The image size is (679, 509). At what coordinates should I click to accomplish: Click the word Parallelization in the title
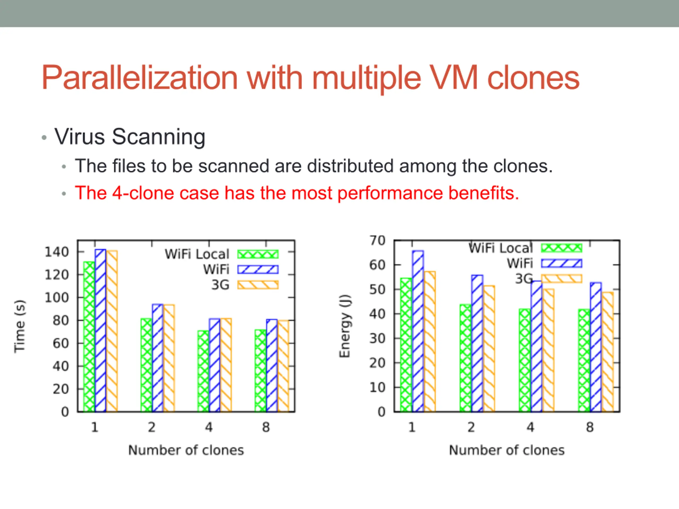pyautogui.click(x=140, y=78)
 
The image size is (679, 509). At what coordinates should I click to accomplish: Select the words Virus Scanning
pyautogui.click(x=130, y=137)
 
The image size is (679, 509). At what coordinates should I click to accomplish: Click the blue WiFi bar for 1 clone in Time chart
pyautogui.click(x=100, y=330)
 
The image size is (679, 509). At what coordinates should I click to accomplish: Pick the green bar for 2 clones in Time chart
pyautogui.click(x=146, y=365)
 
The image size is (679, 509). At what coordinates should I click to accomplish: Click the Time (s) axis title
pyautogui.click(x=20, y=326)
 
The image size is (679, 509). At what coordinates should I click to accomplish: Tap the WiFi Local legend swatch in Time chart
pyautogui.click(x=258, y=254)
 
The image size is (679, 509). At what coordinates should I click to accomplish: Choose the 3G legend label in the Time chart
pyautogui.click(x=220, y=285)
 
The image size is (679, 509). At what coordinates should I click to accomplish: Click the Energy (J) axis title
pyautogui.click(x=345, y=326)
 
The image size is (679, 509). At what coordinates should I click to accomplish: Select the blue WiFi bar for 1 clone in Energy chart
pyautogui.click(x=418, y=331)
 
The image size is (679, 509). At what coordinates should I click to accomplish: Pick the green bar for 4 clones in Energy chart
pyautogui.click(x=525, y=360)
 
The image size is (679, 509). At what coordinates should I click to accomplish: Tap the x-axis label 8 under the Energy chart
pyautogui.click(x=590, y=427)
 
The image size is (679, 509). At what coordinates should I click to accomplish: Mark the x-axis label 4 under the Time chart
pyautogui.click(x=209, y=427)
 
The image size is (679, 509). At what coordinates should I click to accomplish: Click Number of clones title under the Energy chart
pyautogui.click(x=507, y=450)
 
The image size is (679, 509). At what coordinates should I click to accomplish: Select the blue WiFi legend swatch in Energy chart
pyautogui.click(x=562, y=263)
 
